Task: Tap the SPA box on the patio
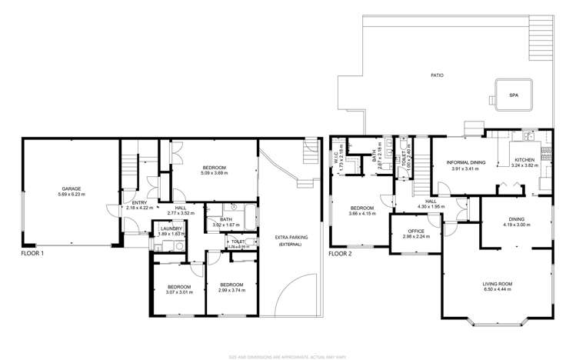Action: tap(513, 95)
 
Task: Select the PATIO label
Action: tap(437, 75)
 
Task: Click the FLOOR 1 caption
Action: tap(33, 253)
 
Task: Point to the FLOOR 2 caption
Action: tap(341, 253)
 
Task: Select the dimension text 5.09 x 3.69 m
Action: tap(214, 174)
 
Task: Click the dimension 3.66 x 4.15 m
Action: tap(362, 214)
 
